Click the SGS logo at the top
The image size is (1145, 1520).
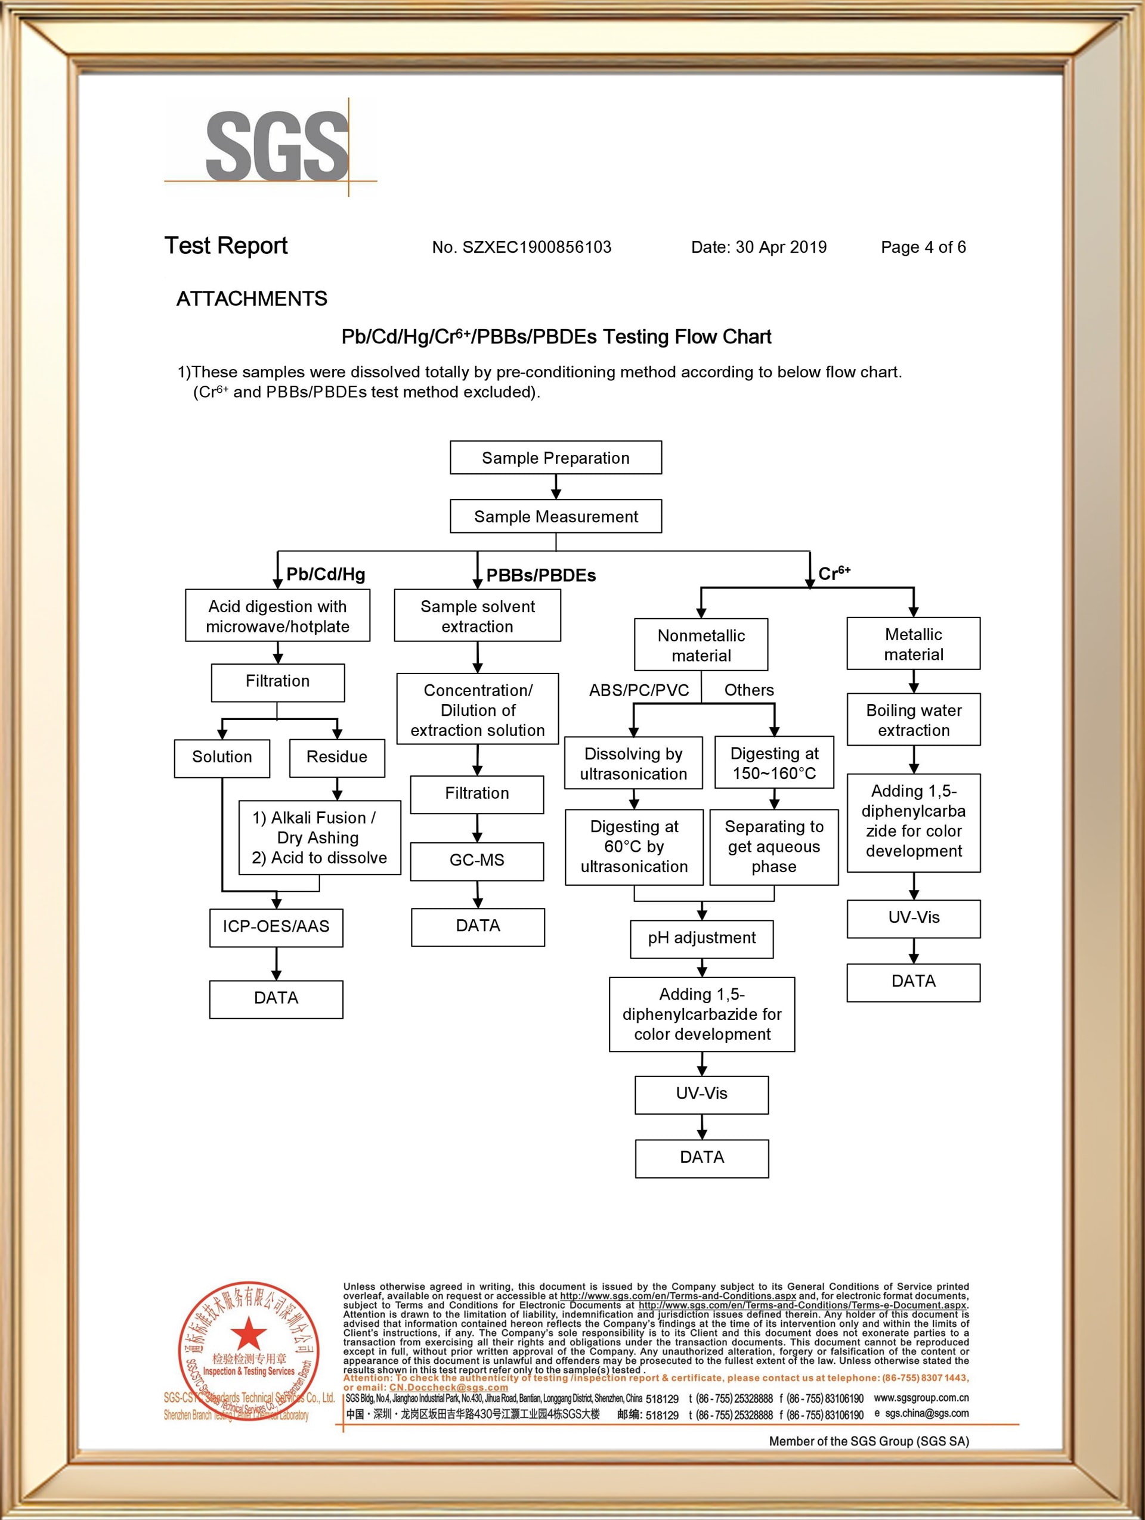[277, 147]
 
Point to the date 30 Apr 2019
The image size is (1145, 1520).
[781, 247]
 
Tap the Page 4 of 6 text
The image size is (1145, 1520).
[923, 247]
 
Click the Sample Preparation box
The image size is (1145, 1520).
[555, 458]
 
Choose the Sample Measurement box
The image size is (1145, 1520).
[555, 516]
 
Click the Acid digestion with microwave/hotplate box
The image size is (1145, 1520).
[278, 616]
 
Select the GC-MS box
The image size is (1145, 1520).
[477, 860]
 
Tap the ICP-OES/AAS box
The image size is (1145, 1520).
[276, 927]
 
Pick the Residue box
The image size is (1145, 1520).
[337, 757]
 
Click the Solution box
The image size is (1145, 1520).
[222, 757]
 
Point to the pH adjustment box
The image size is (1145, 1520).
[702, 938]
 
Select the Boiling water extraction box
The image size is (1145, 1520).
[914, 719]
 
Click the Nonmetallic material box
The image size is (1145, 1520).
[701, 644]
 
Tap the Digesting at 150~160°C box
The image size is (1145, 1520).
[774, 763]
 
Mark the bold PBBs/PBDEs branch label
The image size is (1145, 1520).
[541, 576]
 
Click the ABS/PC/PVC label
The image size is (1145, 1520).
[639, 690]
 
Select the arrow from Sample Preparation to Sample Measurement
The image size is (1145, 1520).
[556, 486]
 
